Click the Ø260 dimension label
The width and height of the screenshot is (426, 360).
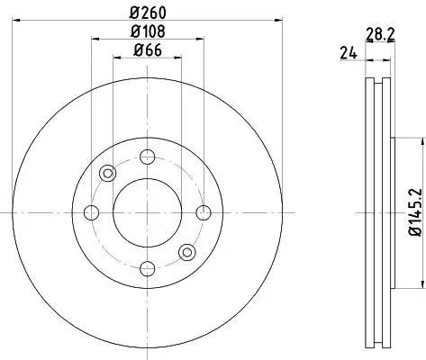tap(148, 13)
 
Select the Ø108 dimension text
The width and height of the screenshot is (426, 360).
tap(148, 31)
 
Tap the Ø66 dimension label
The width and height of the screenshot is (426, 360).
tap(148, 50)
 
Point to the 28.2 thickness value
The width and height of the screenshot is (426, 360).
tap(380, 34)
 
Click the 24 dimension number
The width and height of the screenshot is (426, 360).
tap(349, 53)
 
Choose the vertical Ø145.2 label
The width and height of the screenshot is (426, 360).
tap(416, 212)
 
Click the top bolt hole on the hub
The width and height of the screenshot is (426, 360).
tap(148, 157)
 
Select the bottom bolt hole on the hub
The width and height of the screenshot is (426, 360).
tap(148, 268)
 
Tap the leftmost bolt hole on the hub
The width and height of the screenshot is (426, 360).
tap(91, 212)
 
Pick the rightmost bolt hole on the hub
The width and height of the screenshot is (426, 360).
tap(204, 212)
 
